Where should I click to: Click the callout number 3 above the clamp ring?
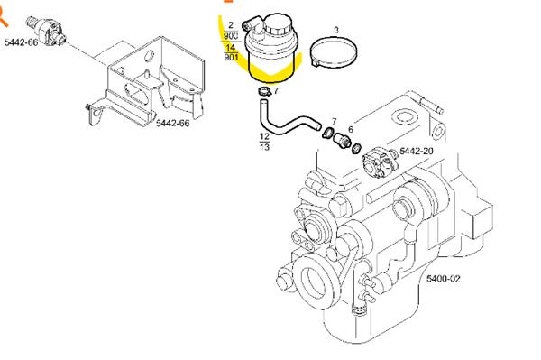pos(336,31)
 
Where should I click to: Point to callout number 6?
pos(350,130)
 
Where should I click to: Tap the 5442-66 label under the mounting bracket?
pos(173,123)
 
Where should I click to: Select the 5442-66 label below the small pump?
pos(22,42)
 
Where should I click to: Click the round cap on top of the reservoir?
pos(272,24)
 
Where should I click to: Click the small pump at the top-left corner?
pos(44,22)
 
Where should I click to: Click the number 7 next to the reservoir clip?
pos(276,91)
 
